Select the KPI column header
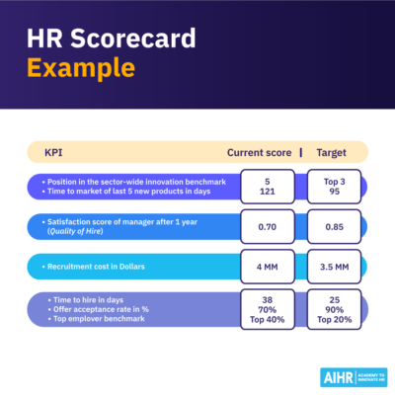tap(54, 154)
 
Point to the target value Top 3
tap(333, 182)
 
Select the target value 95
tap(333, 194)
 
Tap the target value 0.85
tap(333, 227)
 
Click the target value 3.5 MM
tap(333, 268)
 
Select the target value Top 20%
tap(333, 318)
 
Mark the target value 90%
tap(333, 307)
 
